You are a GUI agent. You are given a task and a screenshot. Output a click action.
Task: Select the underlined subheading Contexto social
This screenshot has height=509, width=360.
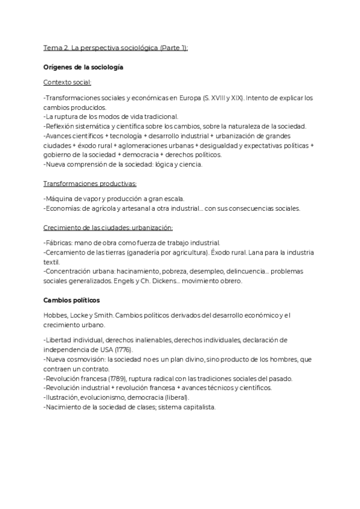[x=67, y=82]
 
